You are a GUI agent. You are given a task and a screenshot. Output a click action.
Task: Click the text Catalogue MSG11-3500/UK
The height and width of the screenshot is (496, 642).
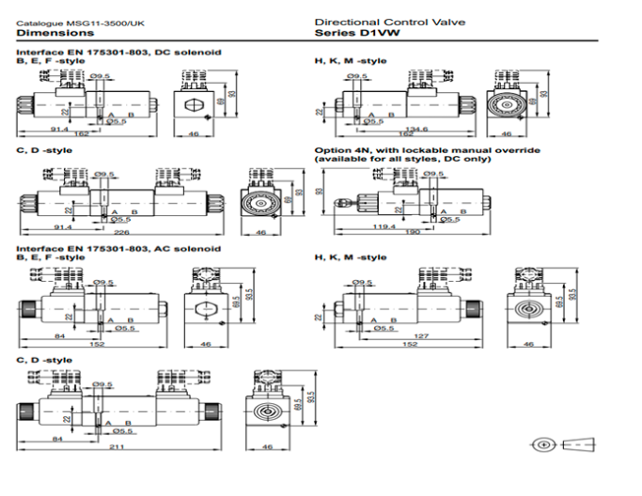pos(63,22)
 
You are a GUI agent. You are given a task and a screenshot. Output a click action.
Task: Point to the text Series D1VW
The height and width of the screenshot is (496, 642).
pos(347,32)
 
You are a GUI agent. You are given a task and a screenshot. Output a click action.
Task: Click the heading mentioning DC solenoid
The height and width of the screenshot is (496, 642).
pos(119,52)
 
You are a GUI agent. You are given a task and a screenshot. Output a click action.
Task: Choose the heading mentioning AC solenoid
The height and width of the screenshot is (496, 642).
pos(119,248)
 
